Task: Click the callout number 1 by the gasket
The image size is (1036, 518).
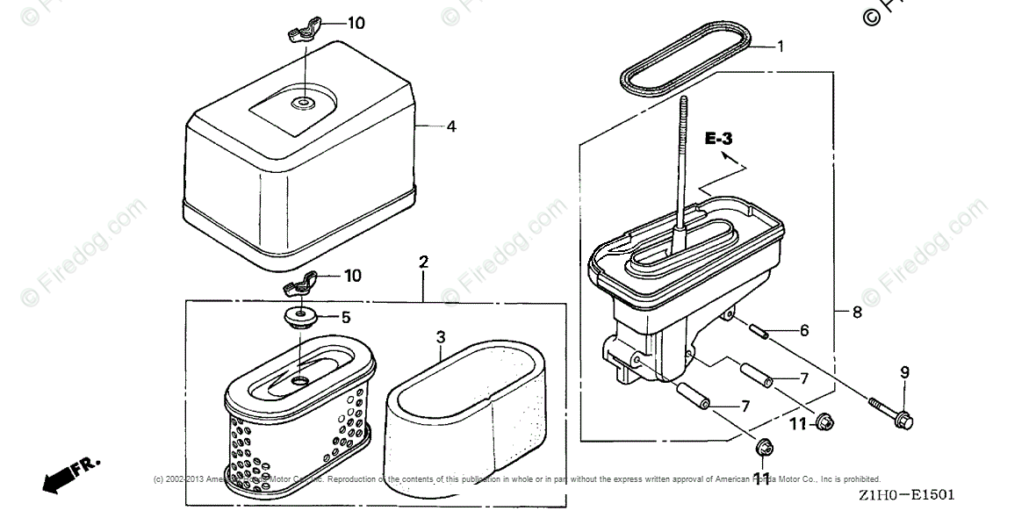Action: [x=781, y=47]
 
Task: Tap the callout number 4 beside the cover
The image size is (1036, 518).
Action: [x=450, y=126]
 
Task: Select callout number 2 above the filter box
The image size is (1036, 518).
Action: [x=423, y=262]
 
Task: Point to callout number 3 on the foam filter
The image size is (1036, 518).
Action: [x=442, y=336]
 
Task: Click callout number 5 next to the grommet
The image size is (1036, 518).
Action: [x=346, y=317]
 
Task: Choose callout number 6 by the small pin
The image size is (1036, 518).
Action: [x=804, y=331]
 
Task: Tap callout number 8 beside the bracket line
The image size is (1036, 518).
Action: [x=856, y=312]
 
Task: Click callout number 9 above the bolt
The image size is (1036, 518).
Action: [x=904, y=372]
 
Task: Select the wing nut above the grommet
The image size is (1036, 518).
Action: [x=297, y=286]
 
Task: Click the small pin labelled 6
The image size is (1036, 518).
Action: [x=759, y=331]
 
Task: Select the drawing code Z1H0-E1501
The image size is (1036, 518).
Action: [x=908, y=497]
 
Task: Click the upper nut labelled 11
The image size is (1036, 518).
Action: [x=824, y=423]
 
